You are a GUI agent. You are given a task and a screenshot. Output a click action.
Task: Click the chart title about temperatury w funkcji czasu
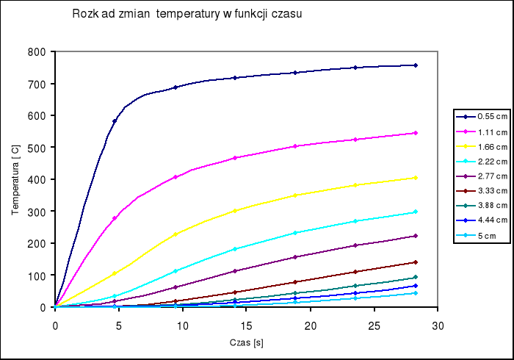[x=187, y=14]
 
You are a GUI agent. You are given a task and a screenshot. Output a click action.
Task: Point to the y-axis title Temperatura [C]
[x=15, y=179]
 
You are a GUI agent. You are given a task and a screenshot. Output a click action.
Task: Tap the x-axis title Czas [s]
[x=246, y=343]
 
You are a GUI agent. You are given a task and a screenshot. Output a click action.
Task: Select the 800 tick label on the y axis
[x=37, y=52]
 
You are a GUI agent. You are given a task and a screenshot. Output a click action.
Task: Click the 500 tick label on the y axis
[x=37, y=148]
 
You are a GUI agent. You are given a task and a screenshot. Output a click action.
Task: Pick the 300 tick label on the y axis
[x=37, y=212]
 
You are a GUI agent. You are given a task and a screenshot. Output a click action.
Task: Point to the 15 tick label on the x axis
[x=246, y=325]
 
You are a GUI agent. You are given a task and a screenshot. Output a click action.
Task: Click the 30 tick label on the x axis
[x=438, y=325]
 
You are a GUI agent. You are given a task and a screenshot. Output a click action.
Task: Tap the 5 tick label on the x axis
[x=119, y=325]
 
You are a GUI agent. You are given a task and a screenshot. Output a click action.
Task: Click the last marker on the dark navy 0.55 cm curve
[x=416, y=65]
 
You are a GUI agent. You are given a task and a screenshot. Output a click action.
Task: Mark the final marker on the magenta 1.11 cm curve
[x=416, y=133]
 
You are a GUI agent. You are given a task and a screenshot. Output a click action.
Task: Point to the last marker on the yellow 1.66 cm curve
[x=416, y=178]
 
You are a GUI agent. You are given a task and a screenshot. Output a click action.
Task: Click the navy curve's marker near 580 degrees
[x=115, y=121]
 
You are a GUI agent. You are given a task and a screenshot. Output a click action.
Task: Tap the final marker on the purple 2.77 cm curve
[x=416, y=236]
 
